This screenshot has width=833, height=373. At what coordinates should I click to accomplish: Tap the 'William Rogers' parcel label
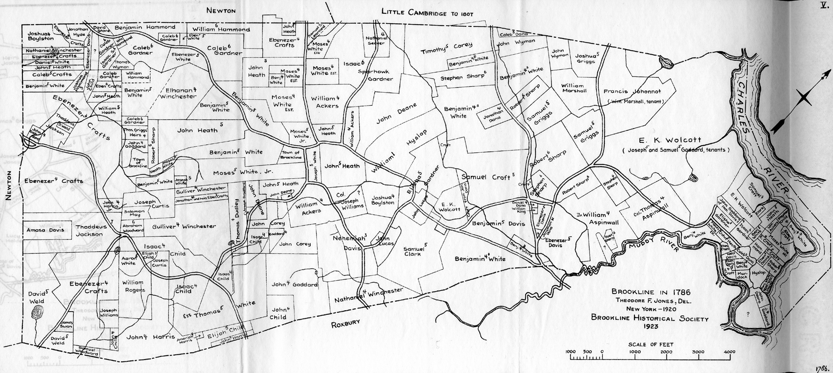pos(133,286)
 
